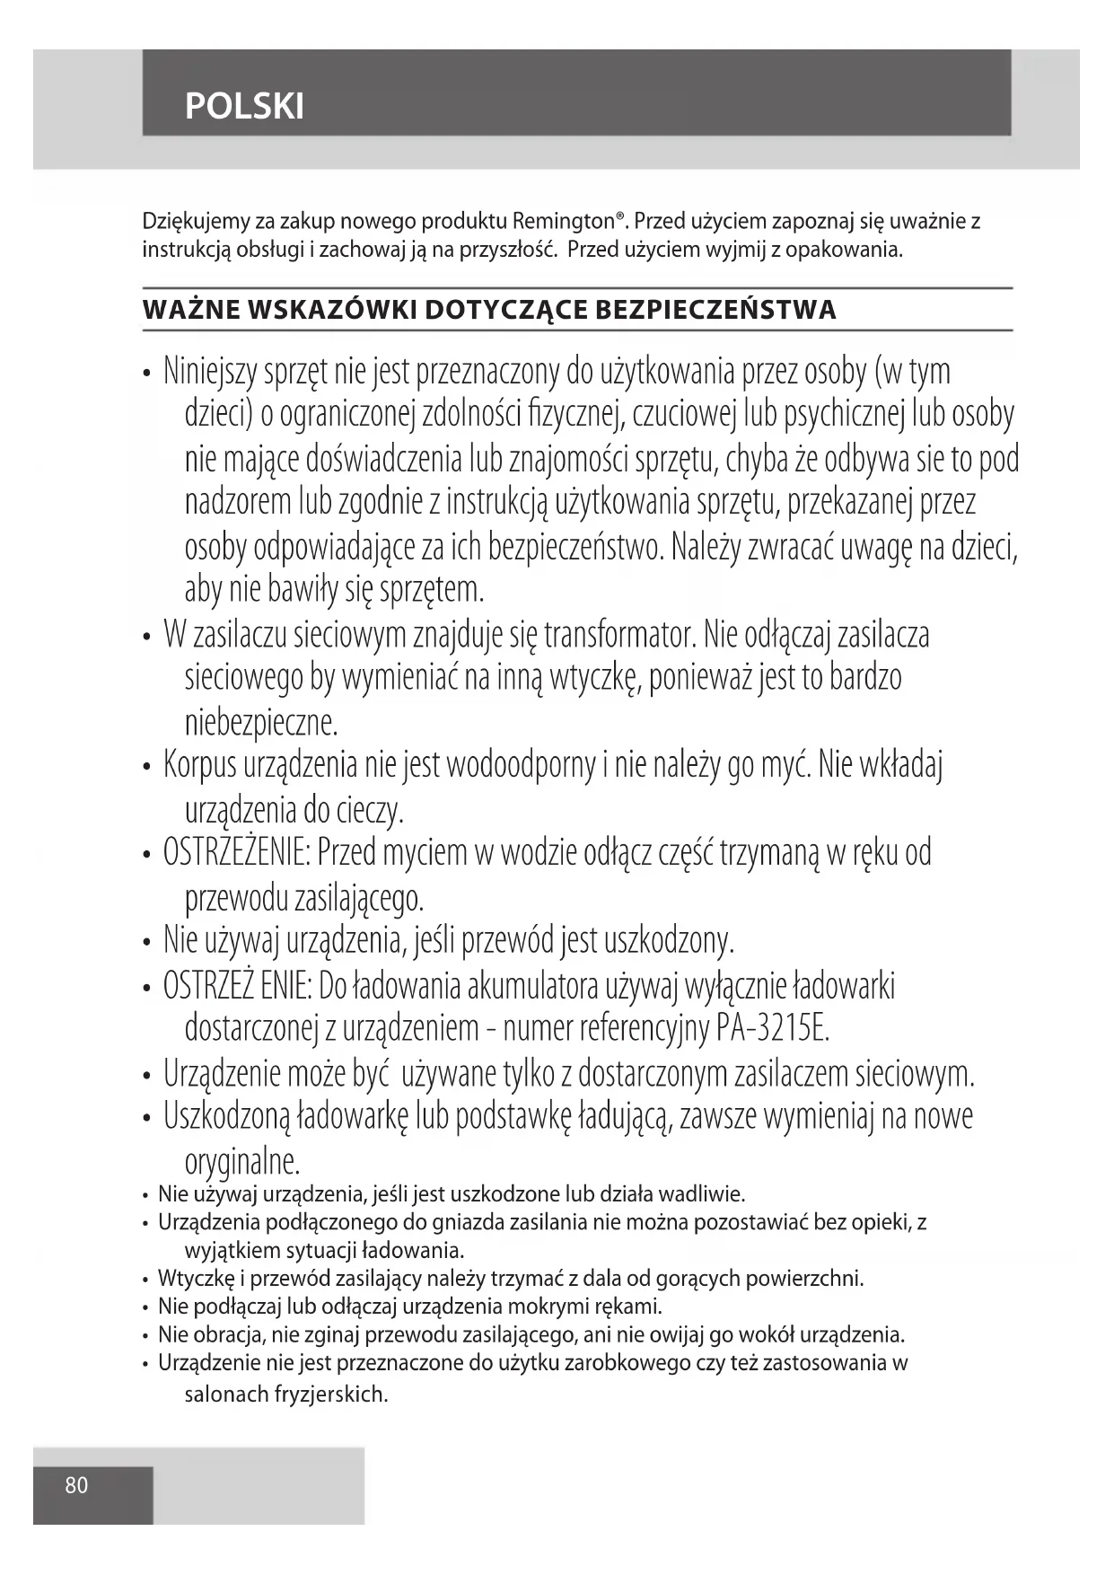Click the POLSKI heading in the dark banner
tap(244, 107)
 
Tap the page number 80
tap(77, 1485)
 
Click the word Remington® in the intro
tap(570, 221)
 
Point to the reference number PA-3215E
tap(773, 1028)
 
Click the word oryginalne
tap(241, 1162)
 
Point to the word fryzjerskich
tap(333, 1395)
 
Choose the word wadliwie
tap(702, 1195)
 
